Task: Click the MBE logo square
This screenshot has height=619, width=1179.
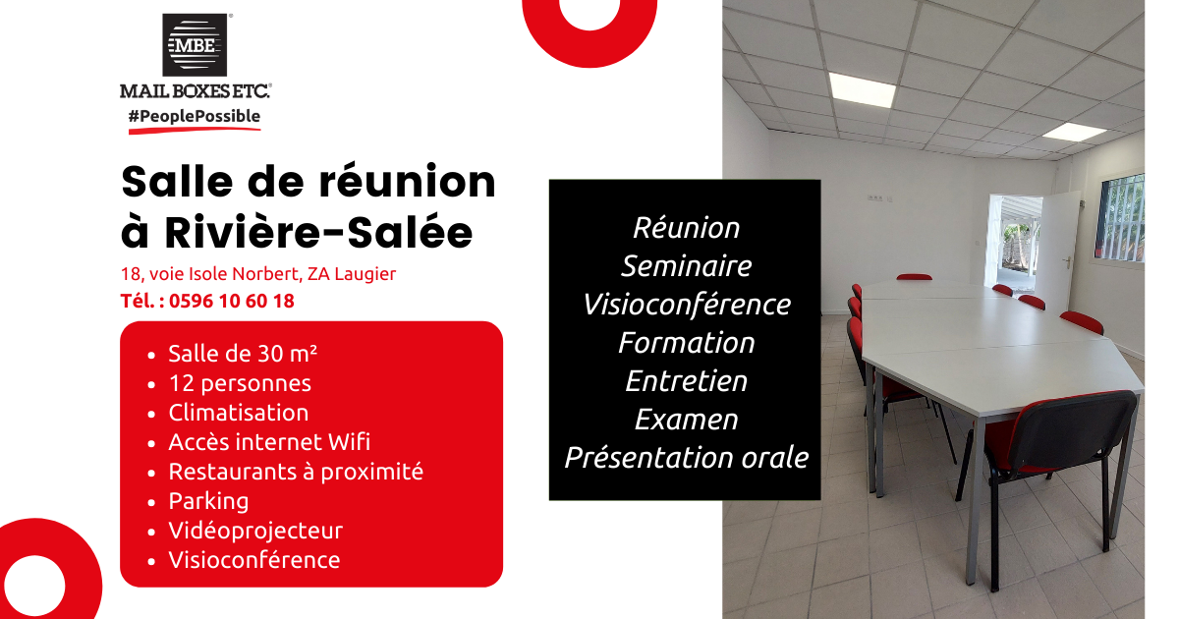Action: click(x=195, y=44)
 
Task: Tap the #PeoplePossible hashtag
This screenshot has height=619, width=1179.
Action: click(x=195, y=117)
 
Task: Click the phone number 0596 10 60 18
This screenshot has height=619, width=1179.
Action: click(x=231, y=302)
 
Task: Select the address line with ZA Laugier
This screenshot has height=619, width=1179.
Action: click(x=258, y=274)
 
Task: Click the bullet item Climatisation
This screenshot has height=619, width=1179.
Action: click(x=238, y=413)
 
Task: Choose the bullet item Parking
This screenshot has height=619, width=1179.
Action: click(x=208, y=501)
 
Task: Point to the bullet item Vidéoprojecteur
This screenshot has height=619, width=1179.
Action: click(x=255, y=531)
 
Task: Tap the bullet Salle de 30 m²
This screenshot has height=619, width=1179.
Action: click(x=243, y=354)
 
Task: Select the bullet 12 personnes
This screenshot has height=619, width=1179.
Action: click(x=240, y=383)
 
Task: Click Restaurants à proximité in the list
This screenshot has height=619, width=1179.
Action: click(x=296, y=472)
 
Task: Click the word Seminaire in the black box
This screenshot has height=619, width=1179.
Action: click(x=687, y=266)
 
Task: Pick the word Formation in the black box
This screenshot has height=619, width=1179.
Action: click(x=687, y=343)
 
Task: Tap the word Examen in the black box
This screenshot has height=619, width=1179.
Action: click(x=687, y=420)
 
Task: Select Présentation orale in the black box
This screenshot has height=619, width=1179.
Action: click(x=687, y=458)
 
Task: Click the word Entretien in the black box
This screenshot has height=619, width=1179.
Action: click(x=687, y=381)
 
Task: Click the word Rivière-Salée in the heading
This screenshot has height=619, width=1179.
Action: click(x=320, y=233)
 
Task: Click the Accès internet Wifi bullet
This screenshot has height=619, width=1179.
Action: click(x=269, y=442)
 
